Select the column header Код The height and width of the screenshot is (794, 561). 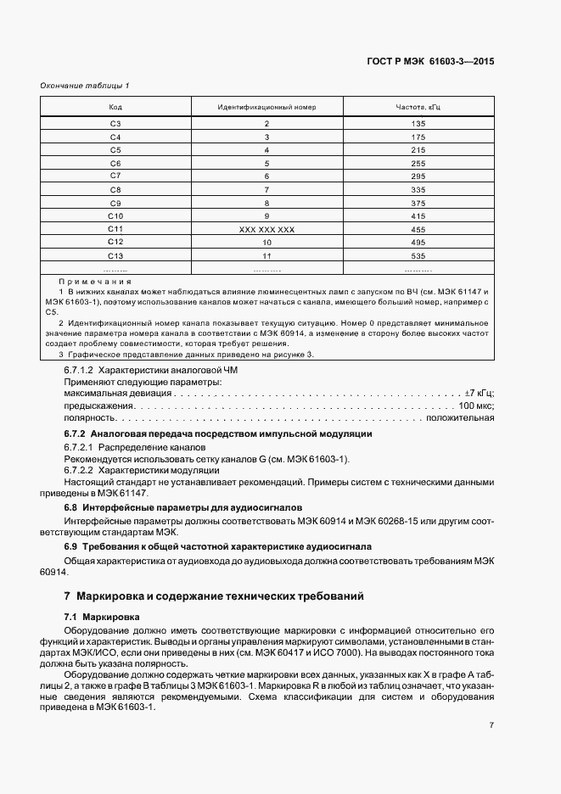115,108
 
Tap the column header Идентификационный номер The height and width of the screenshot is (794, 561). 266,108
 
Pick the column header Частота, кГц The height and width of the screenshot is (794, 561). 418,108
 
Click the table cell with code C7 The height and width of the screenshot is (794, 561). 115,176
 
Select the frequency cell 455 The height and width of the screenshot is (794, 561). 418,228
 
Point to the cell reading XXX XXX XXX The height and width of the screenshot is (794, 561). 266,229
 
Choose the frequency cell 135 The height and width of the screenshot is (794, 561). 418,124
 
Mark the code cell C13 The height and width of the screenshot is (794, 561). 115,254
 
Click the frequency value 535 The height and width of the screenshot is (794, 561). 418,254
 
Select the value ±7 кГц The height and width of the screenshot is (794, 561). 479,394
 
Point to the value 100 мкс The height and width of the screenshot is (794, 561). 476,406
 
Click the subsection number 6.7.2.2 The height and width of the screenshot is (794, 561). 78,470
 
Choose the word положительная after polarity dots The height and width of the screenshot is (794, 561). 459,418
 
